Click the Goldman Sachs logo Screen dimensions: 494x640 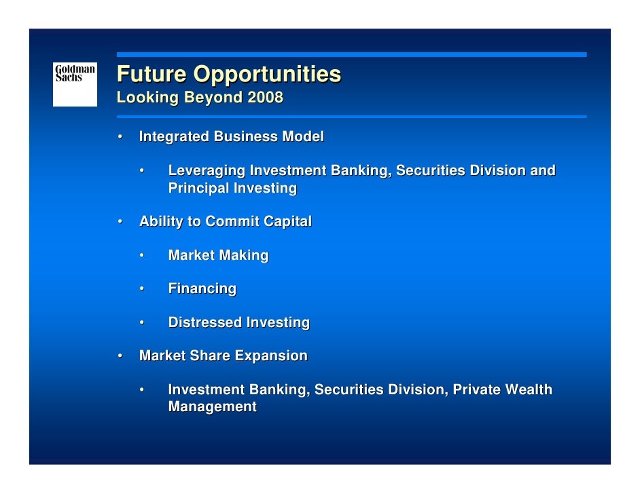[75, 83]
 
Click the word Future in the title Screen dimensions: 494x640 [151, 74]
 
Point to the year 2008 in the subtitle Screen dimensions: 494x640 [265, 97]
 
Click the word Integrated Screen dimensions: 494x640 [174, 137]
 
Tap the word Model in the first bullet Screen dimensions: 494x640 [304, 137]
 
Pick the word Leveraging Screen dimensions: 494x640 [207, 170]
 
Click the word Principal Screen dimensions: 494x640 [198, 188]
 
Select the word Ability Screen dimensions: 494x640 [158, 221]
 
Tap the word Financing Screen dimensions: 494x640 [202, 289]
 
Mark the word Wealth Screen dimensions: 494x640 [529, 389]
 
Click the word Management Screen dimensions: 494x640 [212, 407]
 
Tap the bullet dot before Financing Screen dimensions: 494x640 [143, 289]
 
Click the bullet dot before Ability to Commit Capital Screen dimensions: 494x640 [120, 221]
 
